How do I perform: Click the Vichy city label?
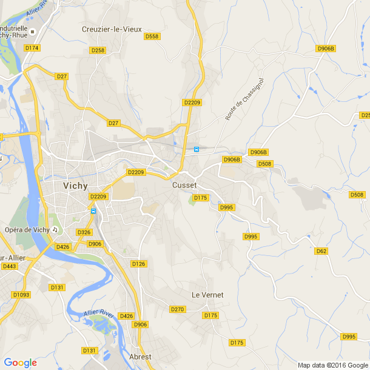[x=75, y=186]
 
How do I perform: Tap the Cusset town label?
[x=184, y=185]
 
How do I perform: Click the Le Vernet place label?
[x=207, y=295]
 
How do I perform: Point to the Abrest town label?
[x=140, y=357]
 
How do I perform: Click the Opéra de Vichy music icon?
[x=55, y=229]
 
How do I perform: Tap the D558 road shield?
[x=152, y=36]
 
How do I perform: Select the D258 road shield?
[x=98, y=50]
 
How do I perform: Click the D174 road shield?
[x=32, y=47]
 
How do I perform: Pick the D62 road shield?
[x=321, y=251]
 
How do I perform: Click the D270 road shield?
[x=177, y=309]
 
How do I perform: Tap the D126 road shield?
[x=139, y=263]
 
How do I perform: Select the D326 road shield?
[x=84, y=232]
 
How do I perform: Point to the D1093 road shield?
[x=21, y=294]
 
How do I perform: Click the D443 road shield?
[x=9, y=266]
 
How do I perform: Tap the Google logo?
[x=20, y=363]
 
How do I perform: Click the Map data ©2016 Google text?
[x=332, y=365]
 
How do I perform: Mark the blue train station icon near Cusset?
[x=196, y=149]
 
